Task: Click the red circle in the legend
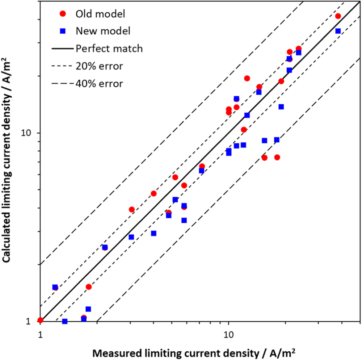click(63, 14)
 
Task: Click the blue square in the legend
click(63, 31)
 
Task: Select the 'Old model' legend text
click(100, 14)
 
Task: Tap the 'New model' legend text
click(103, 31)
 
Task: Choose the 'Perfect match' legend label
click(109, 49)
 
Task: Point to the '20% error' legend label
click(99, 66)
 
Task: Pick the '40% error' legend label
click(99, 84)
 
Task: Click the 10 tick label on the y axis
click(27, 133)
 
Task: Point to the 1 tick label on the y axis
click(30, 321)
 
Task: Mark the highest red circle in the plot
click(338, 16)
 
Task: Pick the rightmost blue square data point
click(338, 31)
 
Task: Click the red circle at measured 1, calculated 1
click(41, 320)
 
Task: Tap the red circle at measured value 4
click(153, 193)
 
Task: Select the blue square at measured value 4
click(153, 233)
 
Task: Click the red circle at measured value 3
click(131, 209)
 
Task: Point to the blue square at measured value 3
click(131, 237)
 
